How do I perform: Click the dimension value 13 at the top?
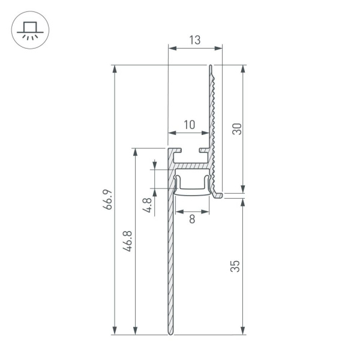click(194, 40)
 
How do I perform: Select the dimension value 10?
click(189, 125)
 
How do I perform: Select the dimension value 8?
click(192, 220)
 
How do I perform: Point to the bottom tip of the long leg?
click(170, 332)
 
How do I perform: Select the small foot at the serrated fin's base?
click(218, 194)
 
